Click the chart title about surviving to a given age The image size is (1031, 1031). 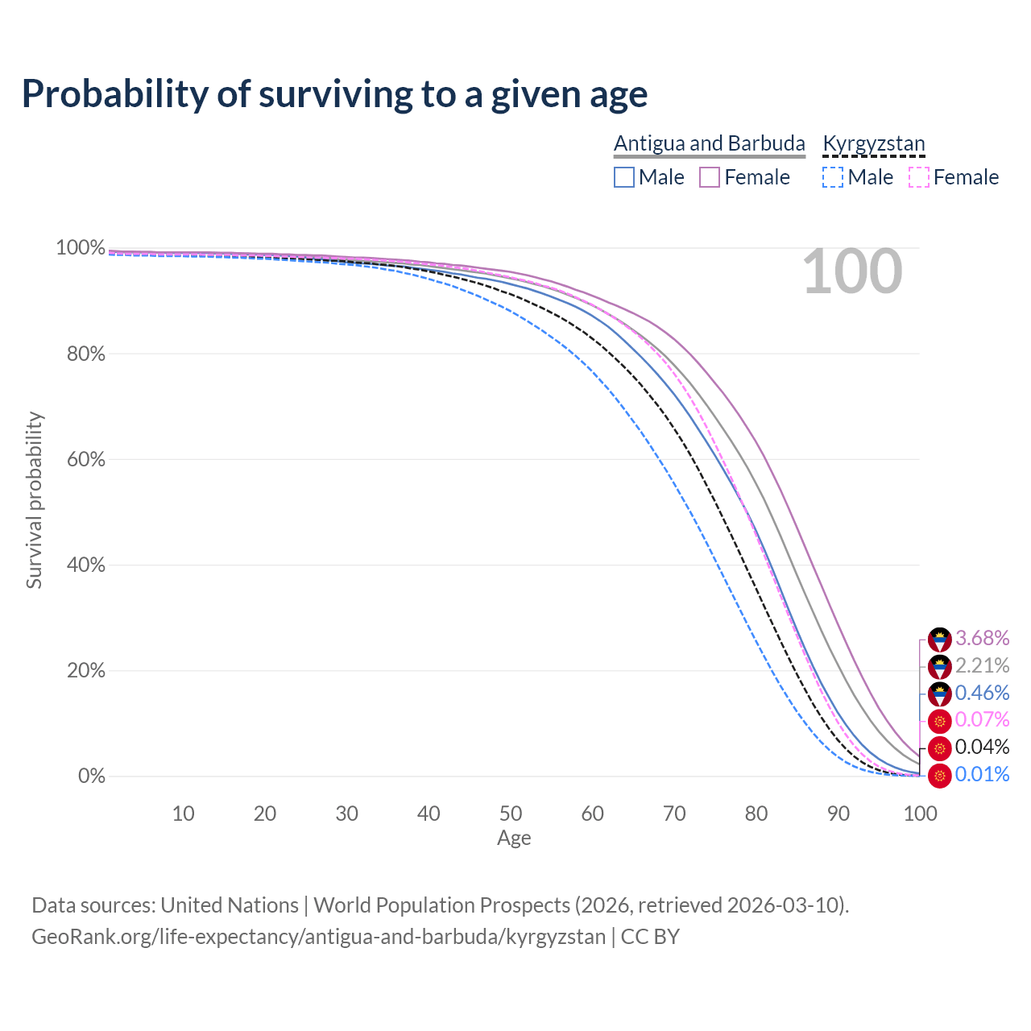tap(334, 93)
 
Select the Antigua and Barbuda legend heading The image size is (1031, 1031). tap(709, 143)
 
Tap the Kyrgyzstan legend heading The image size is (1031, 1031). tap(874, 143)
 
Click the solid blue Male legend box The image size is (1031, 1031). tap(624, 177)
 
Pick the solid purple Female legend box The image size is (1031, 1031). tap(710, 177)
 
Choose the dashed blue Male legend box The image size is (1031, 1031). tap(834, 177)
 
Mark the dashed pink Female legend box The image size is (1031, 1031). tap(919, 177)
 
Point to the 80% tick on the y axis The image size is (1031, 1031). tap(85, 354)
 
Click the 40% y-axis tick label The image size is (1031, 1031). tap(85, 565)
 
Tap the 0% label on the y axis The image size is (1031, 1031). tap(91, 776)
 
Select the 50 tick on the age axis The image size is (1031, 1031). tap(511, 814)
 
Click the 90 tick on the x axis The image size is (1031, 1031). tap(838, 814)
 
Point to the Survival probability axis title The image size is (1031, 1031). tap(34, 500)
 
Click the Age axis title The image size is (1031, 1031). tap(514, 838)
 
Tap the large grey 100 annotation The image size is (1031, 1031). tap(852, 271)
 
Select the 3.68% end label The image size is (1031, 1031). tap(982, 639)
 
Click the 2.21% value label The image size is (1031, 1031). tap(982, 665)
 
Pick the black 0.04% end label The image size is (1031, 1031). tap(982, 747)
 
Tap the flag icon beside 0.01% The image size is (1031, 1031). tap(939, 776)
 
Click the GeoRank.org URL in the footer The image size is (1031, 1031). tap(318, 937)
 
